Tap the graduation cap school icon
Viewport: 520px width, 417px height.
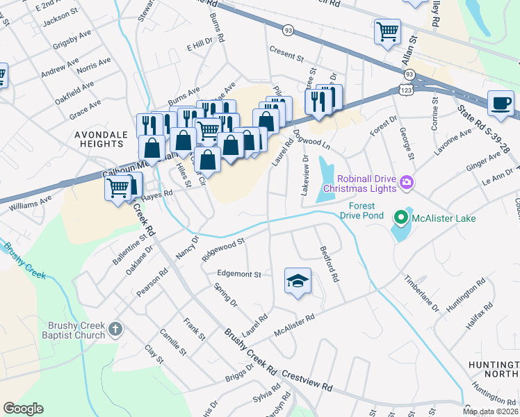tap(298, 281)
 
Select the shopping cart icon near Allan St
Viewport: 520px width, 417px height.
tap(387, 31)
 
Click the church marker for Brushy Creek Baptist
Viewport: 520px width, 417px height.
tap(115, 327)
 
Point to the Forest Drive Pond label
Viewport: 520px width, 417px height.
tap(358, 211)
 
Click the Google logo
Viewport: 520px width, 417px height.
tap(23, 409)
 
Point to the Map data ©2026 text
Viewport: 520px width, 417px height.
tap(490, 411)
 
